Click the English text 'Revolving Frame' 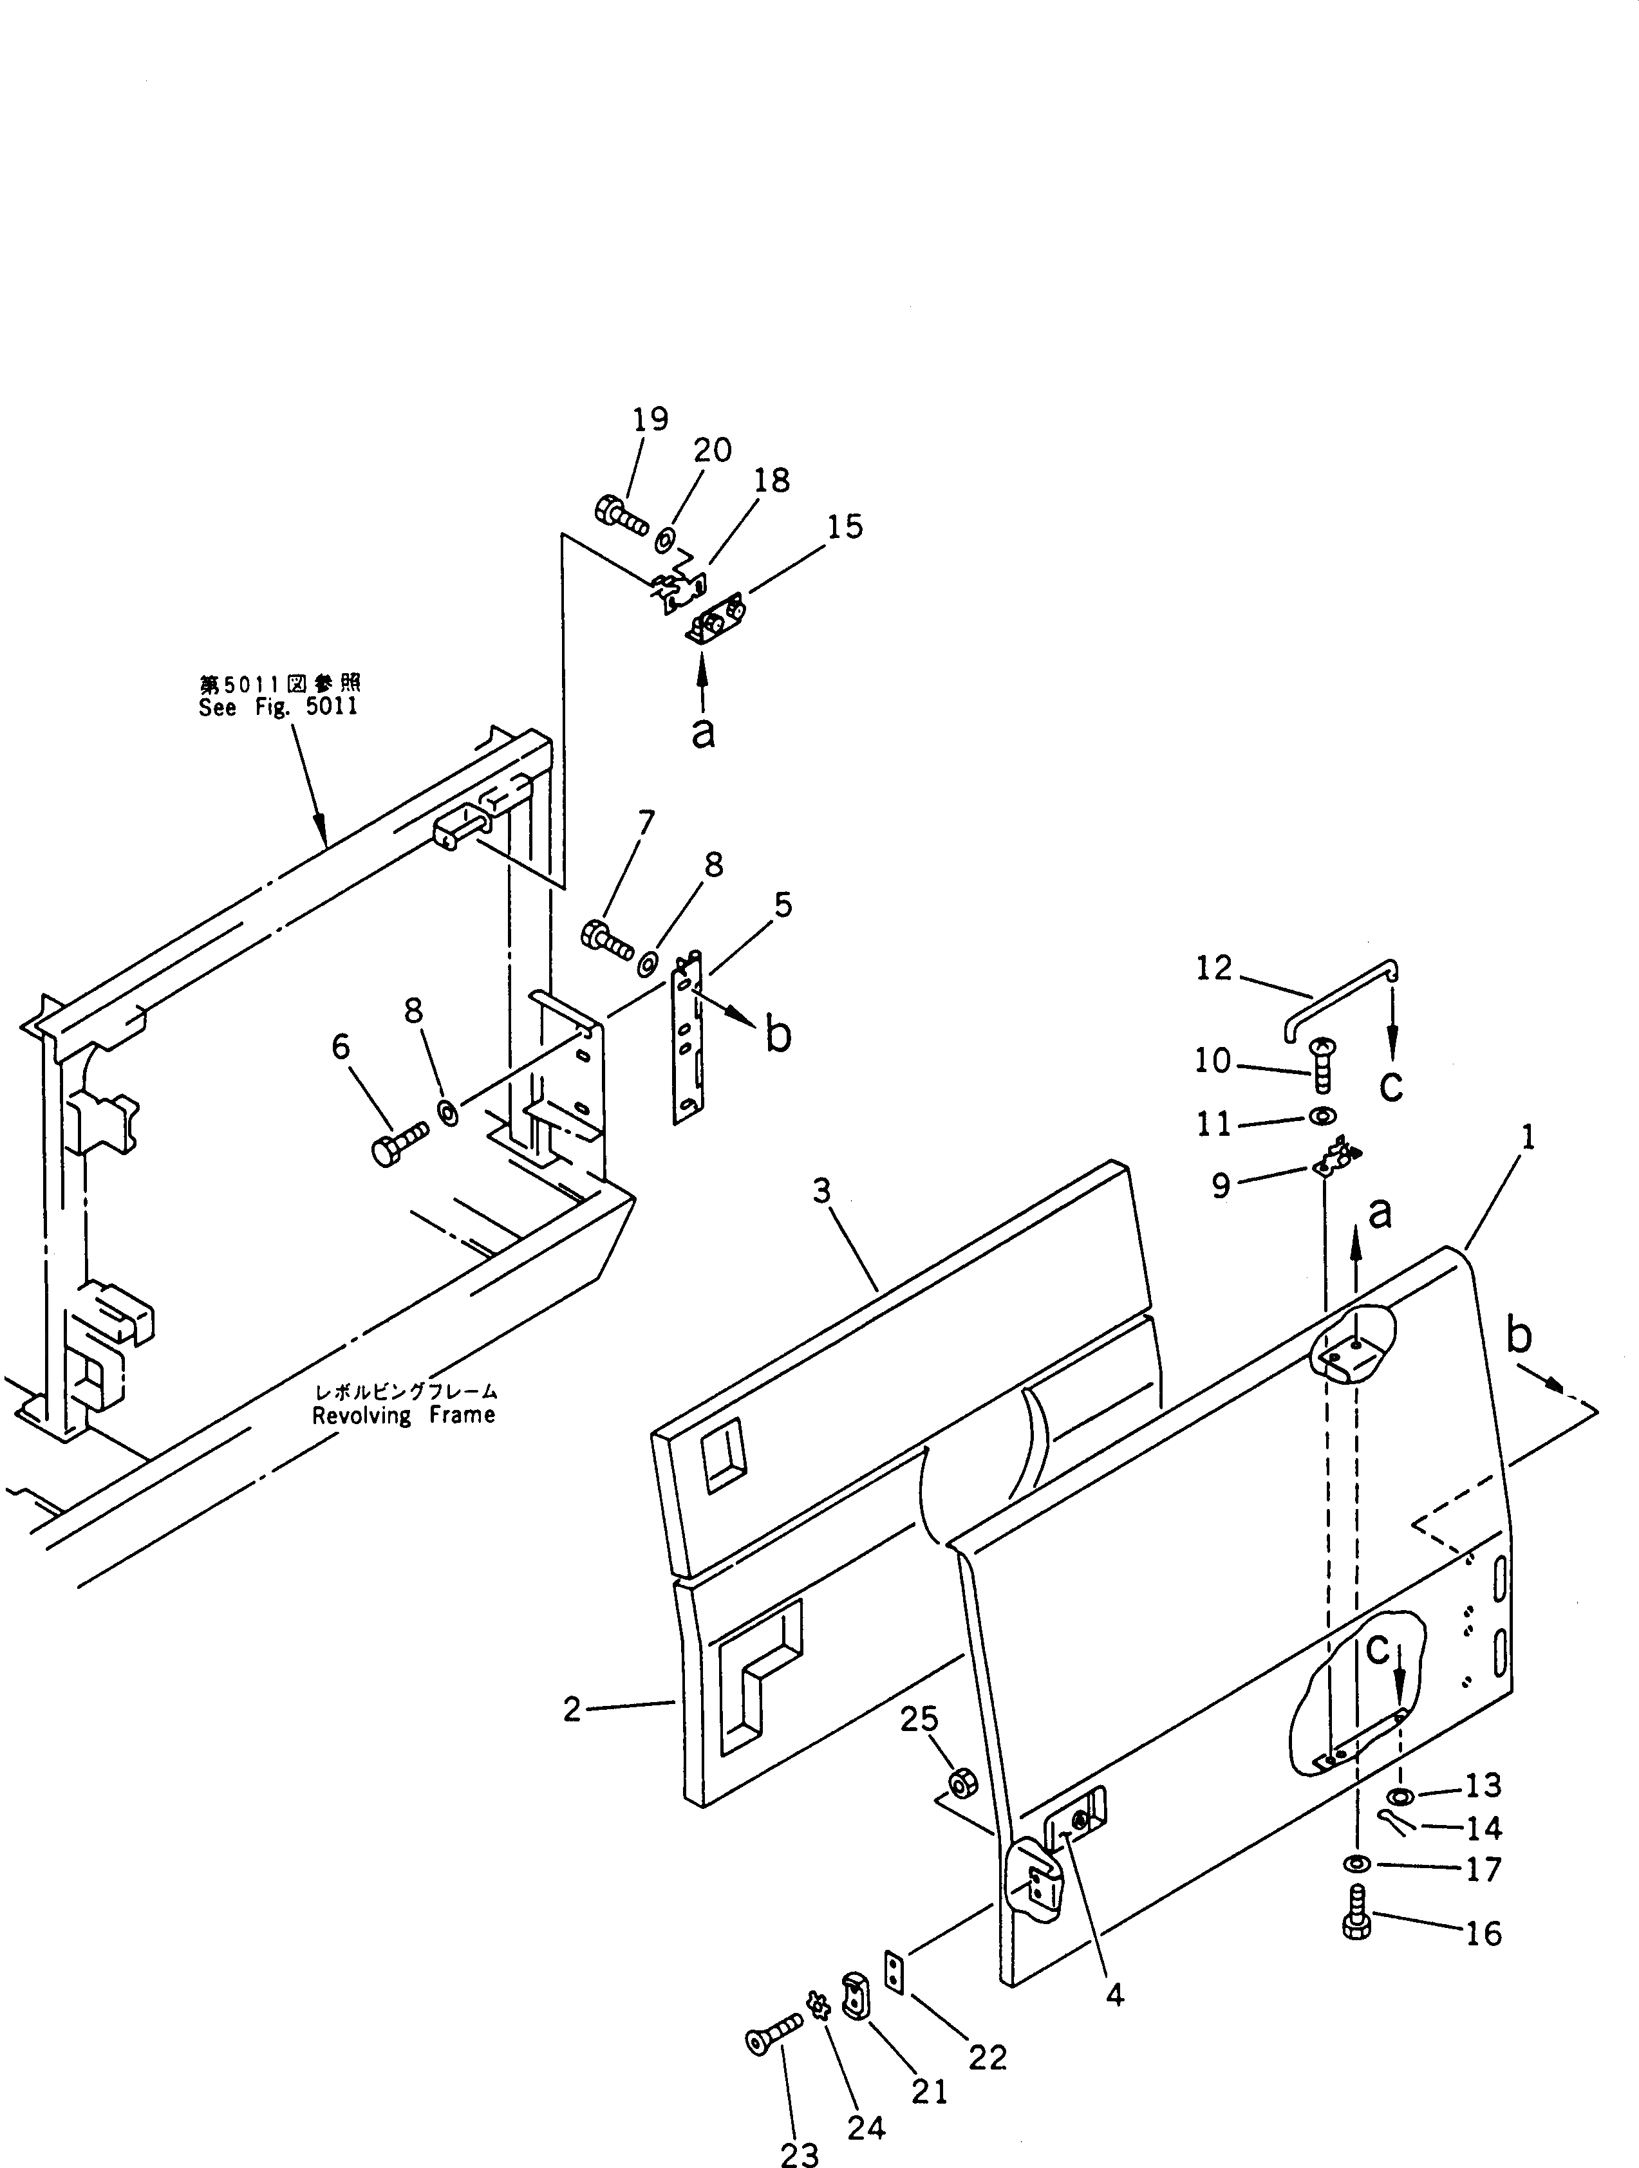click(x=404, y=1415)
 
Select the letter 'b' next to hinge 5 click(x=778, y=1037)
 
